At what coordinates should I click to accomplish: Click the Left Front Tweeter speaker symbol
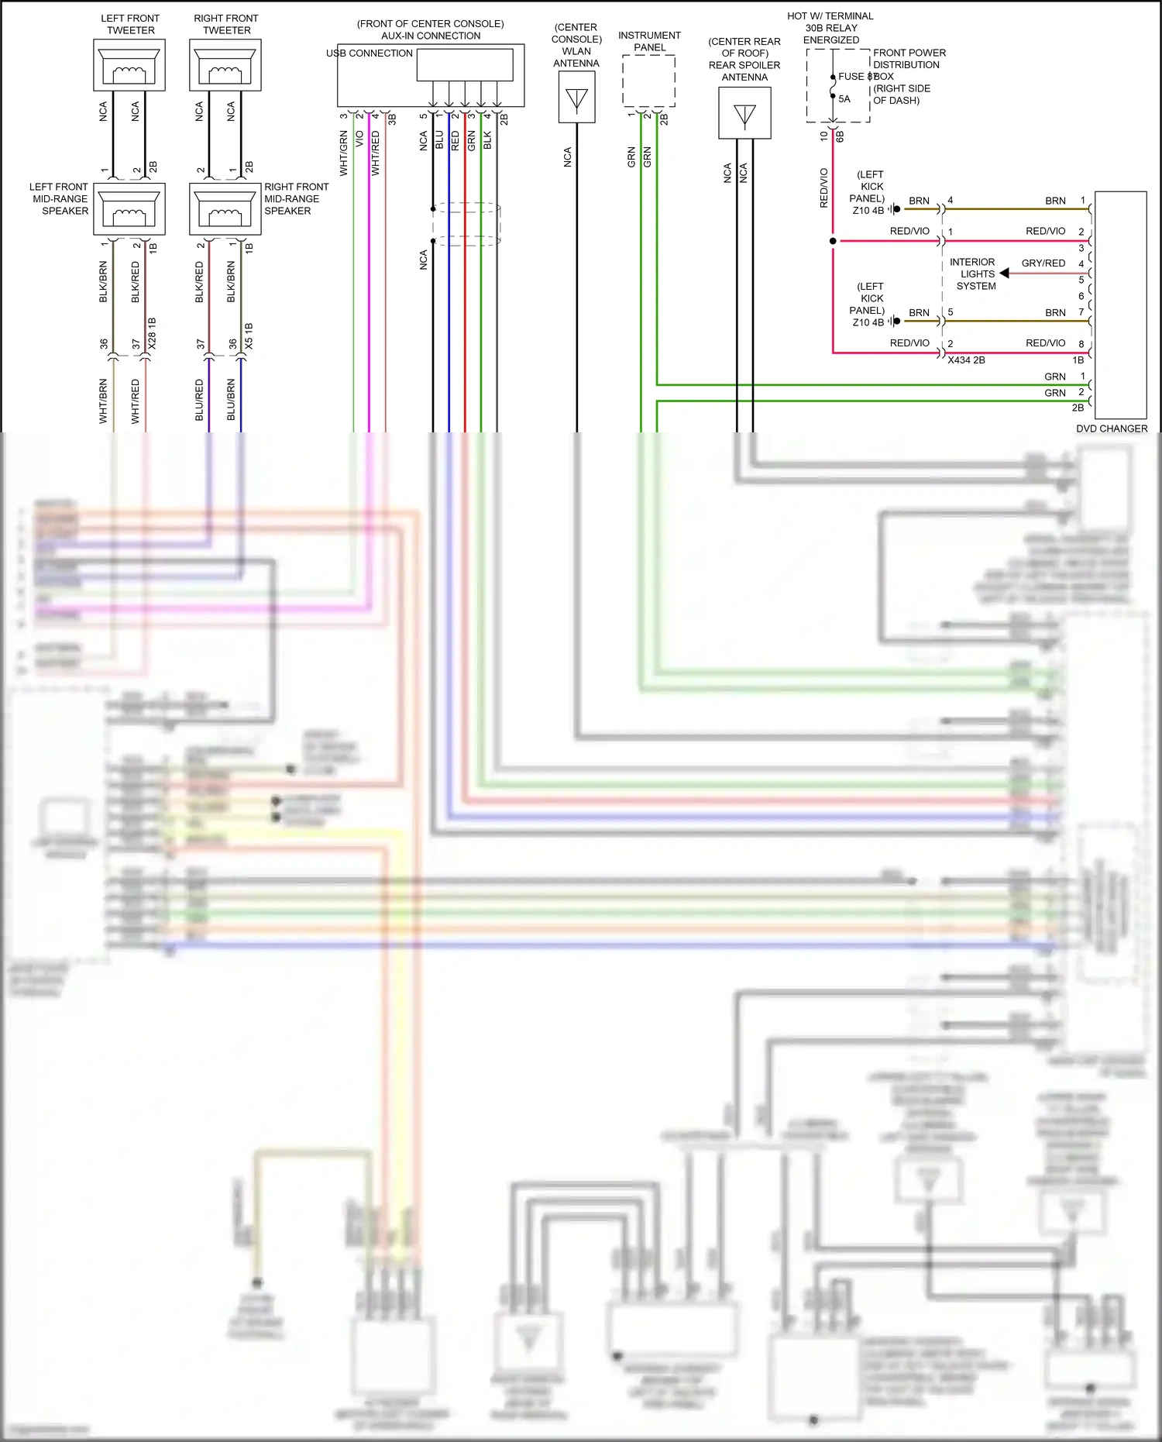(x=129, y=66)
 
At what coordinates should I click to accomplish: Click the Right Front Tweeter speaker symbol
(x=225, y=66)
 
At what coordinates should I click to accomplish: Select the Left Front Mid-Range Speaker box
(x=129, y=208)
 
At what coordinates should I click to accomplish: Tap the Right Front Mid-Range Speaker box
(x=225, y=208)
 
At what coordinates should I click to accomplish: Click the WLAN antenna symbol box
(x=576, y=98)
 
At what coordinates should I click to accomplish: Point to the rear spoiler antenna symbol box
(x=744, y=113)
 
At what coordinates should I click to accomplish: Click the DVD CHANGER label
(x=1111, y=428)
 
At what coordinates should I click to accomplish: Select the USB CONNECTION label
(x=370, y=53)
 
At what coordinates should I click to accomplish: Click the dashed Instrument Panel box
(x=648, y=81)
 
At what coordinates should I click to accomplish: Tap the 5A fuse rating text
(x=844, y=99)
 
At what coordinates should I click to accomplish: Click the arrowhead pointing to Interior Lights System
(x=1004, y=274)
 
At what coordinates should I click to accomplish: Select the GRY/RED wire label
(x=1043, y=263)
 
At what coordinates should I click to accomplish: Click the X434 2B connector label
(x=966, y=360)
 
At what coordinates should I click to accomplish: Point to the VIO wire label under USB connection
(x=359, y=139)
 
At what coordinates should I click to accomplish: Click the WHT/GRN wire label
(x=343, y=153)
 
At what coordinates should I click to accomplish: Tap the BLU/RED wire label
(x=199, y=400)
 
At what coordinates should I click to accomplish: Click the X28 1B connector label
(x=152, y=333)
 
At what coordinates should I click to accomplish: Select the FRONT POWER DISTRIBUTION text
(x=909, y=59)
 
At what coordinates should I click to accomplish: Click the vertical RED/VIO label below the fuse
(x=823, y=188)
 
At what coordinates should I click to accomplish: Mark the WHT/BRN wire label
(x=103, y=401)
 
